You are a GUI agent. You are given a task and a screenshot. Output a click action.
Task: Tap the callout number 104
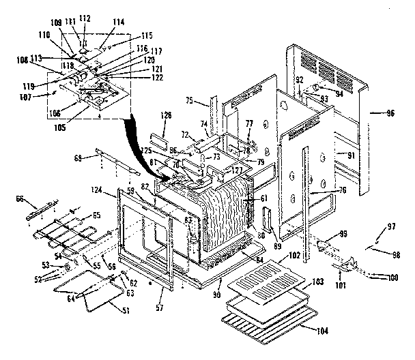point(321,331)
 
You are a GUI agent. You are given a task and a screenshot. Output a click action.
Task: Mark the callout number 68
point(78,159)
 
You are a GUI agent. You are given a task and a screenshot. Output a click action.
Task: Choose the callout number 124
point(96,189)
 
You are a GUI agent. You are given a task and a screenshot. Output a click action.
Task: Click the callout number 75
point(190,101)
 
